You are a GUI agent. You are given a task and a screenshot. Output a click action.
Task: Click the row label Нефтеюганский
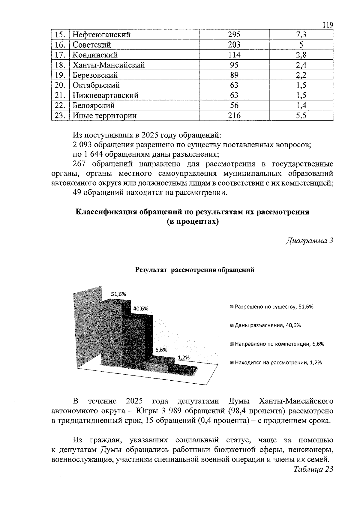[102, 35]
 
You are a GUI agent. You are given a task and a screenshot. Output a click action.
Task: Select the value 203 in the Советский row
[234, 45]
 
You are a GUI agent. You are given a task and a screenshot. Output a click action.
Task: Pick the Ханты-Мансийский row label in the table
[109, 65]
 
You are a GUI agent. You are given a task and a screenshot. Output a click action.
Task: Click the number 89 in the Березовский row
[234, 75]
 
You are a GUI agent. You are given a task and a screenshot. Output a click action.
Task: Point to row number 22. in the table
[60, 106]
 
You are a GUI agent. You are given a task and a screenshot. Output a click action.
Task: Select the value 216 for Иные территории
[234, 116]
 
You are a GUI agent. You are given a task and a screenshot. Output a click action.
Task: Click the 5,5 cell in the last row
[301, 116]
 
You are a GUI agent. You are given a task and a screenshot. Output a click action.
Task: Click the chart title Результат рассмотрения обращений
[195, 270]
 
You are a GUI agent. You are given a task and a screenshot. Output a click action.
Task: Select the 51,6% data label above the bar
[118, 294]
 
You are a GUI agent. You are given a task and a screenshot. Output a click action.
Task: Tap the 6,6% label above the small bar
[161, 350]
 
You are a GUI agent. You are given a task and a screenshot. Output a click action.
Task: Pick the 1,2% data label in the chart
[184, 358]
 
